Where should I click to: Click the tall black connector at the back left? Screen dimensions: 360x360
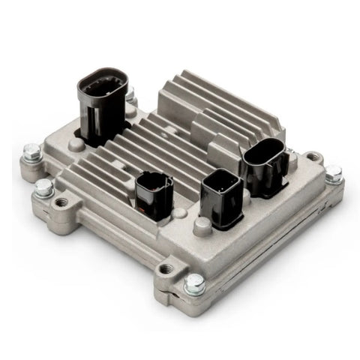pyautogui.click(x=103, y=105)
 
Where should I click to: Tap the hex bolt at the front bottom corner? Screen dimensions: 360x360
pyautogui.click(x=194, y=283)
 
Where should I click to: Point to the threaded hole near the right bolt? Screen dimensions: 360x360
pyautogui.click(x=313, y=158)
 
